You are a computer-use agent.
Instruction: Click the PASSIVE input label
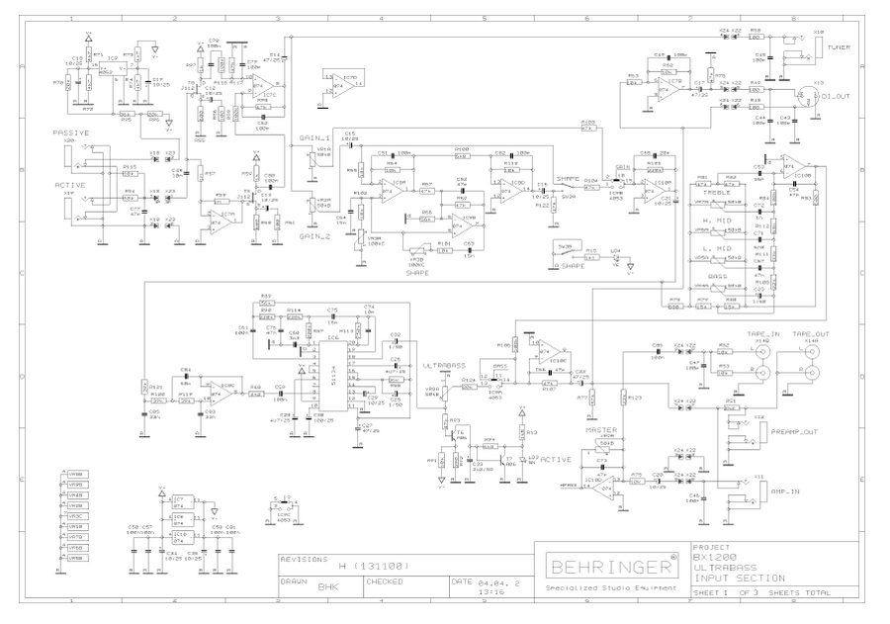click(x=71, y=133)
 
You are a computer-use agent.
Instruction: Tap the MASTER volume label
click(x=600, y=430)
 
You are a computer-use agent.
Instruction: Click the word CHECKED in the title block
click(x=385, y=582)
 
